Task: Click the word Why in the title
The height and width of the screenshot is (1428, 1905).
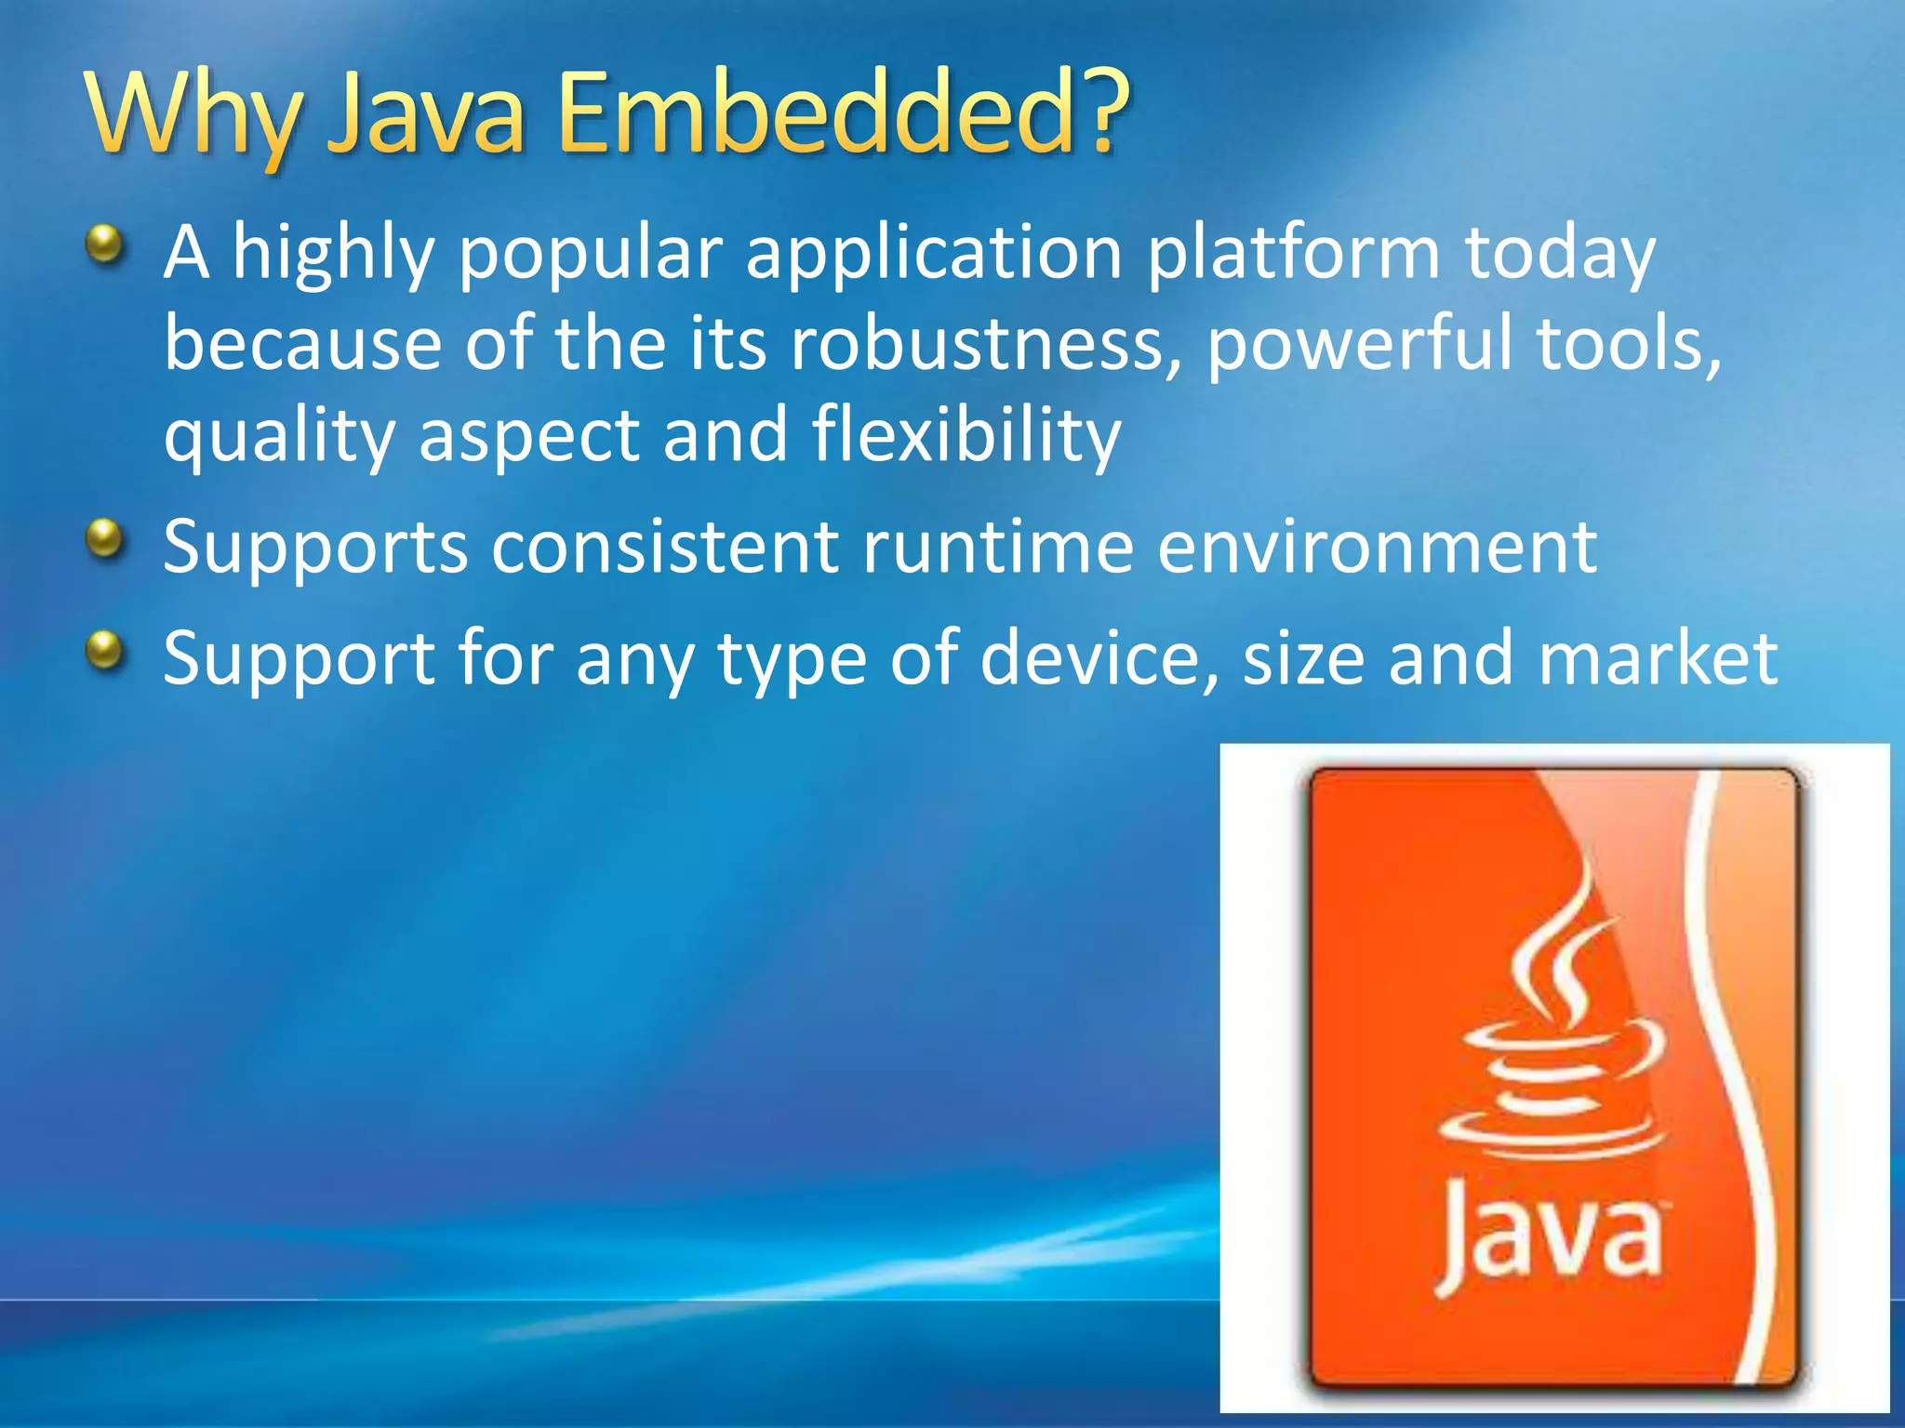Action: click(x=190, y=116)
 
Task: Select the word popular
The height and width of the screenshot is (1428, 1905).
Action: click(x=591, y=256)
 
